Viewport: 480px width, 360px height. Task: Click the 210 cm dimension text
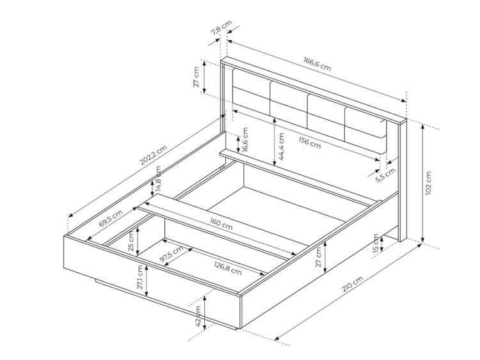coord(352,285)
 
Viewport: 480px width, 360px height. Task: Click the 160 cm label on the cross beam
coord(220,224)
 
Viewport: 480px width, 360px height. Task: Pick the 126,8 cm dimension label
coord(228,266)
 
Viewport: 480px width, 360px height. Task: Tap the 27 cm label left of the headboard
coord(198,77)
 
